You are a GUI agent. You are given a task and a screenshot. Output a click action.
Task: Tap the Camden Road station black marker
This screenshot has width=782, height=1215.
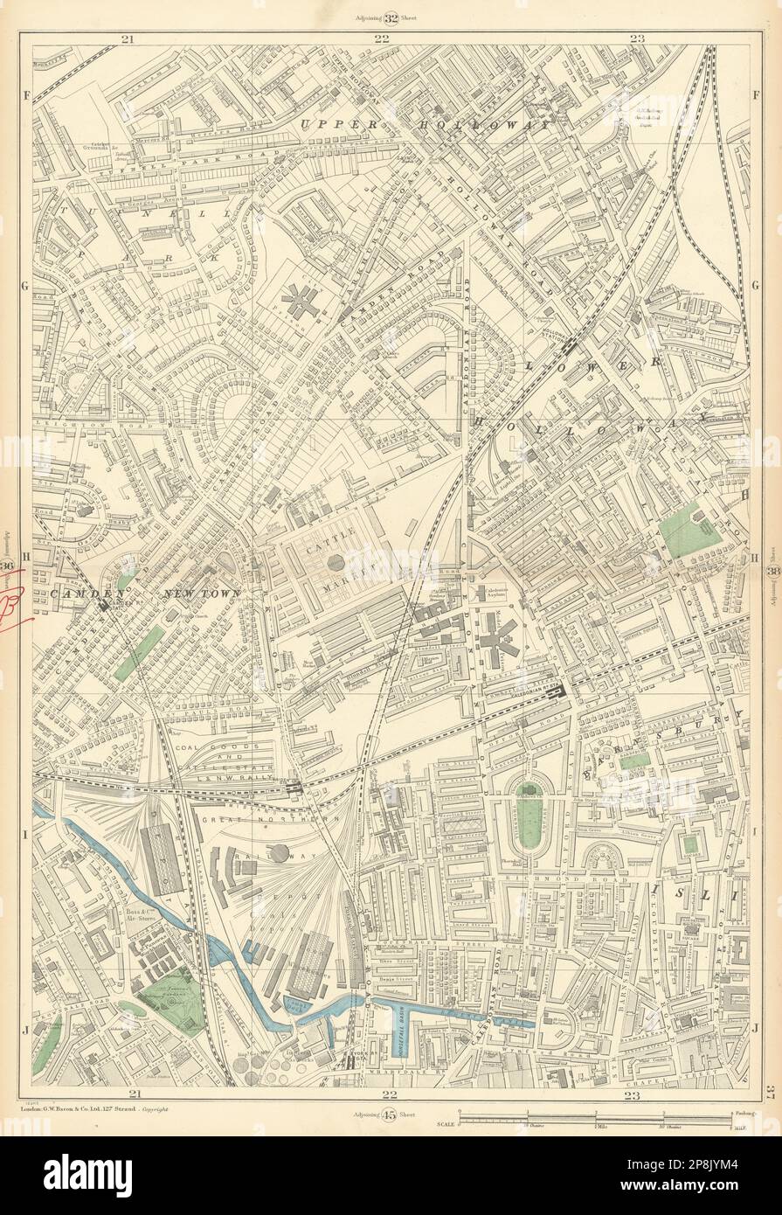(106, 602)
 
